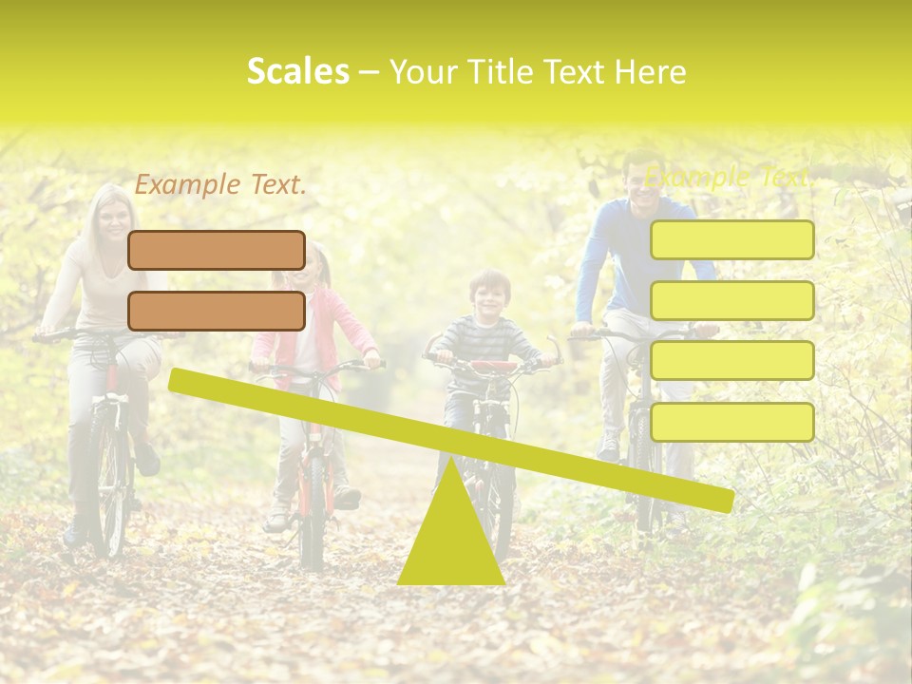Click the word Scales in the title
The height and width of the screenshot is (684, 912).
click(x=297, y=71)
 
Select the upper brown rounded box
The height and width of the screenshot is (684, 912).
click(x=217, y=250)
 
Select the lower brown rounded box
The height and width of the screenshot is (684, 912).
click(x=217, y=311)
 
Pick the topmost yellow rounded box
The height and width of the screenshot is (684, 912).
click(x=731, y=239)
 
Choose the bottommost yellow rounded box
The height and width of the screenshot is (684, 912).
click(x=731, y=422)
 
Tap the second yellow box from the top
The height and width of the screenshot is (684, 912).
click(x=731, y=300)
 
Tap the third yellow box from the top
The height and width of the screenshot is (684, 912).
click(x=731, y=361)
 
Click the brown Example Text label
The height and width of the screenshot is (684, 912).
click(x=220, y=185)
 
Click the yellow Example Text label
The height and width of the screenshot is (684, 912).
click(x=728, y=177)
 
